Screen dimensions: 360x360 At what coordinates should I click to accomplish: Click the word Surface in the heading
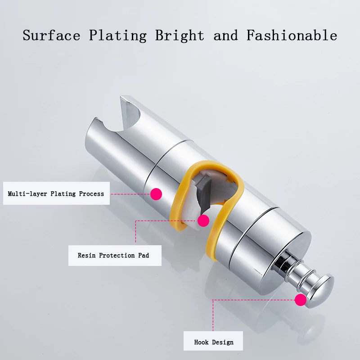[51, 35]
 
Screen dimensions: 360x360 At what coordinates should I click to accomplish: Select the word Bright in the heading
[180, 36]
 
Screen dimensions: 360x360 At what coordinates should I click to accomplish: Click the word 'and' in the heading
[225, 35]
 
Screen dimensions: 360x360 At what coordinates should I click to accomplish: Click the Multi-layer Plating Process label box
[56, 193]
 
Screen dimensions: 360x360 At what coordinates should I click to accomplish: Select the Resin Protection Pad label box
[113, 255]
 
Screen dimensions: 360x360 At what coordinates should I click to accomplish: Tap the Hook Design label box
[214, 342]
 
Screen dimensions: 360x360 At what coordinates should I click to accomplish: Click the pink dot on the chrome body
[156, 194]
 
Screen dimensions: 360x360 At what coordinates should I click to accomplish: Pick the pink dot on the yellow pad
[203, 220]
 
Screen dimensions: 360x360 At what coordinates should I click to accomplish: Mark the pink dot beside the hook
[300, 300]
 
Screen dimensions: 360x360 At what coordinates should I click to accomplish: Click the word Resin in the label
[87, 255]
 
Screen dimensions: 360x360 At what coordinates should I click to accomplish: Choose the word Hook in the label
[202, 342]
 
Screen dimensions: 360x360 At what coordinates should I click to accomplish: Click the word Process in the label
[91, 193]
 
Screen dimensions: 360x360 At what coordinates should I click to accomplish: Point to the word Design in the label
[223, 342]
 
